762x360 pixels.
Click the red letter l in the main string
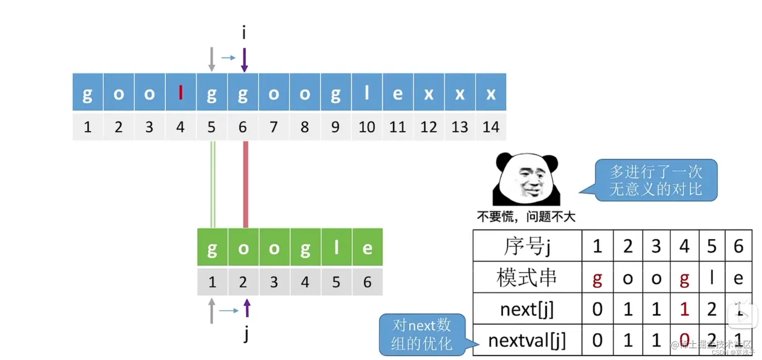(x=180, y=94)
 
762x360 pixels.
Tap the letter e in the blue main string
(x=398, y=94)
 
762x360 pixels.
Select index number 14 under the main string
(x=490, y=127)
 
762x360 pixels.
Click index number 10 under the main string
(x=367, y=127)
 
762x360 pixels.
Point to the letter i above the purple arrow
(x=244, y=34)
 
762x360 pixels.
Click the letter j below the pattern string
(x=246, y=333)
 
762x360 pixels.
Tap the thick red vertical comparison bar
(x=246, y=184)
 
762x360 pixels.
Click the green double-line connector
(x=213, y=184)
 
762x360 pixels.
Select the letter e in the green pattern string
(x=367, y=248)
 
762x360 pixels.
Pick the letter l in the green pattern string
(x=336, y=248)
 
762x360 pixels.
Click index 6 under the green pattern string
(x=367, y=282)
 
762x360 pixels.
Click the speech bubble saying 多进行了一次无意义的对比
(x=656, y=181)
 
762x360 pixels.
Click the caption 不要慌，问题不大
(x=526, y=217)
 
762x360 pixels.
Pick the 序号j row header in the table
(x=527, y=247)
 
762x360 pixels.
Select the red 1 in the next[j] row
(x=684, y=309)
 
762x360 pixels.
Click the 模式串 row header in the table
(x=527, y=278)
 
